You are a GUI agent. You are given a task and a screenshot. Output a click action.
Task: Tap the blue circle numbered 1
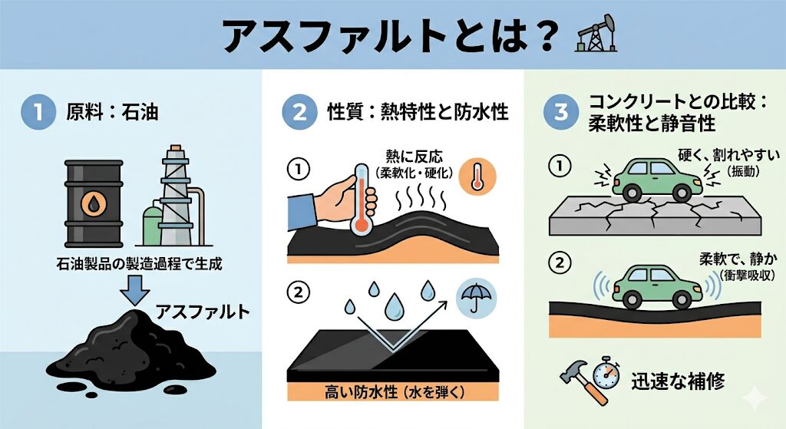(38, 112)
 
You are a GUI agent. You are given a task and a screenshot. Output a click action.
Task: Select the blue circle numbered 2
(299, 112)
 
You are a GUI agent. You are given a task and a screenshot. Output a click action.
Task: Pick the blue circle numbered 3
(561, 112)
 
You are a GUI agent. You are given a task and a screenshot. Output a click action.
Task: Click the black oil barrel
(94, 203)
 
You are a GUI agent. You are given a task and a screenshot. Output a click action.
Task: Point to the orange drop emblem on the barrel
(94, 204)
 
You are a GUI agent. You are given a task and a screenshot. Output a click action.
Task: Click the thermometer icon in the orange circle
(477, 176)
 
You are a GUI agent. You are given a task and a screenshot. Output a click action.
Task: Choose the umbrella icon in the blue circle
(476, 299)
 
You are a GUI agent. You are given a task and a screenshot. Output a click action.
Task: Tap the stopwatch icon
(606, 375)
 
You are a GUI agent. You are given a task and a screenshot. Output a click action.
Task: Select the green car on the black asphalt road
(656, 287)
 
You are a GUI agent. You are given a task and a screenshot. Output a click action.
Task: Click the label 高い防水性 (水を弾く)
(395, 391)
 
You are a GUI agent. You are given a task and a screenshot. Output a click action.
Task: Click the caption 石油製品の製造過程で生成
(139, 263)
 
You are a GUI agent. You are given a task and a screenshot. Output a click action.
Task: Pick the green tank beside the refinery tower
(154, 224)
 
